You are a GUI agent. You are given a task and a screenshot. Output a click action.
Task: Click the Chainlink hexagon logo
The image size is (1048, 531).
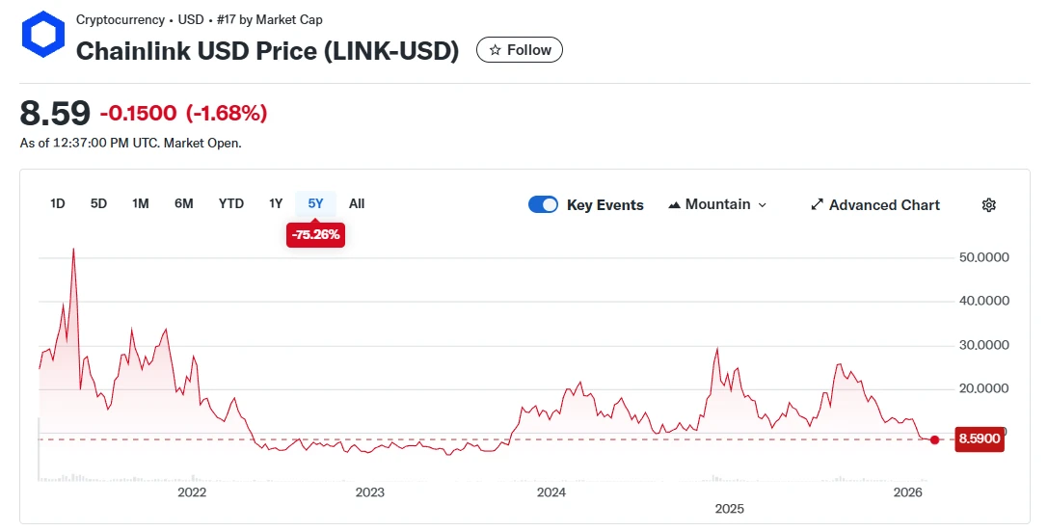42,37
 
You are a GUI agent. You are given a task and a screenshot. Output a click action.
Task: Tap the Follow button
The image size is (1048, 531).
520,50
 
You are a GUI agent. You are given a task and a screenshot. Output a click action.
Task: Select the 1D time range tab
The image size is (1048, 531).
58,203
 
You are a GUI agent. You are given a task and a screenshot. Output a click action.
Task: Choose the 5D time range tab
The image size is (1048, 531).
98,203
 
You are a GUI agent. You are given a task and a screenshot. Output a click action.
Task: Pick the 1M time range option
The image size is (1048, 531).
141,203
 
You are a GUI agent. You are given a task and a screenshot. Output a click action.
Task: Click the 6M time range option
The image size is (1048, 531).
184,203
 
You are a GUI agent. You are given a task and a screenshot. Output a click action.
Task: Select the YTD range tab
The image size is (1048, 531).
231,203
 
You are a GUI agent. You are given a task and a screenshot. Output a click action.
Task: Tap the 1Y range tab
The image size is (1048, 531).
276,203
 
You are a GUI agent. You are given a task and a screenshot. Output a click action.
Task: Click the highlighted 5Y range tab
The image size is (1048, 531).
315,203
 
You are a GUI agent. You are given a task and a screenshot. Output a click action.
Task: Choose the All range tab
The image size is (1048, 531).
357,203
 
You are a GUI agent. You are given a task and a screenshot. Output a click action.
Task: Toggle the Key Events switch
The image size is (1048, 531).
544,204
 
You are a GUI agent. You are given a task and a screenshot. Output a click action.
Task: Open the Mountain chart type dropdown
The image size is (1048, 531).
717,204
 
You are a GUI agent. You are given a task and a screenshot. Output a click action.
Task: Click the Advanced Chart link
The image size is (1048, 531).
875,204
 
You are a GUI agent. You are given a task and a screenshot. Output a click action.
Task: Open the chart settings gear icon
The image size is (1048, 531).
988,204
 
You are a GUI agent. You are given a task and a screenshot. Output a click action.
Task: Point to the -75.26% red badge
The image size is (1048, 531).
315,234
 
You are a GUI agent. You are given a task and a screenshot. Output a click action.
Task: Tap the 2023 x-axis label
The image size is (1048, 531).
369,492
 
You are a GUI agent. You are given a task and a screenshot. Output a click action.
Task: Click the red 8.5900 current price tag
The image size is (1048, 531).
980,439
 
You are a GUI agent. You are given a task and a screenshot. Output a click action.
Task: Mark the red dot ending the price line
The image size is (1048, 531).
934,439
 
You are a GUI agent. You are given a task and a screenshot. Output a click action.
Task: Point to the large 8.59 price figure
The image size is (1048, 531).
55,113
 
